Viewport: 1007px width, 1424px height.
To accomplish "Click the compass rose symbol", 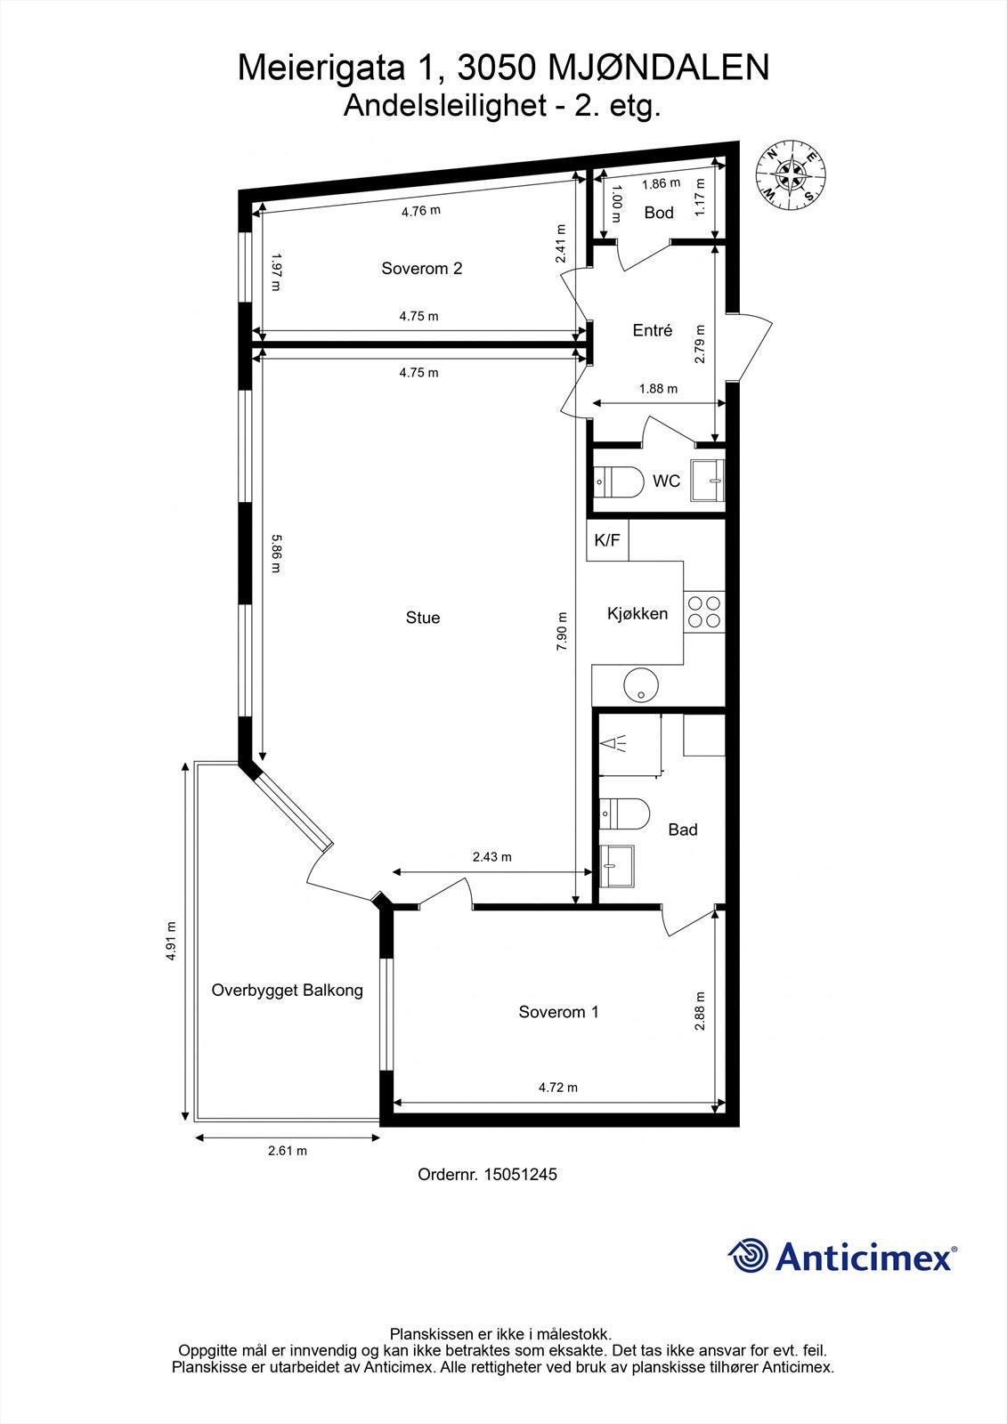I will point(791,174).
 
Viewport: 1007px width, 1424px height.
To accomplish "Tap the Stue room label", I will point(423,618).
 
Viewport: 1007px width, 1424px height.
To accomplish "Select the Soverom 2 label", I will point(421,268).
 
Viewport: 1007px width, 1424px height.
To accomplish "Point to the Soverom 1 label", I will point(558,1012).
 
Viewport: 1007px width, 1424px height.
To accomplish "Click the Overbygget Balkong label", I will point(287,990).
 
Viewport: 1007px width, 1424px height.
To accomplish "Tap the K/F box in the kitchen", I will point(607,540).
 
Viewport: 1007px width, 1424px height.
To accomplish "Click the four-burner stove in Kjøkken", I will point(704,612).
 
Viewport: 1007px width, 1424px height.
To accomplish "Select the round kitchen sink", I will point(640,685).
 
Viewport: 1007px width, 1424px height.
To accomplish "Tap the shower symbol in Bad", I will point(615,743).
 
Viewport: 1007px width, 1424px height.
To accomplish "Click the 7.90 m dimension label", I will point(562,632).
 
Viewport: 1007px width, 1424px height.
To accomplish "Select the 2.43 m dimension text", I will point(491,857).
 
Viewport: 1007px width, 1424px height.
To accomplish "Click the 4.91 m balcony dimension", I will point(171,941).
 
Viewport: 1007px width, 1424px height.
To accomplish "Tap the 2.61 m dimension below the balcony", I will point(288,1151).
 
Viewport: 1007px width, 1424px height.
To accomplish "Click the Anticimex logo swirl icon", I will point(748,1257).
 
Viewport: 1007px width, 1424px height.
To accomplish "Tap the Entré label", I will point(652,330).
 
